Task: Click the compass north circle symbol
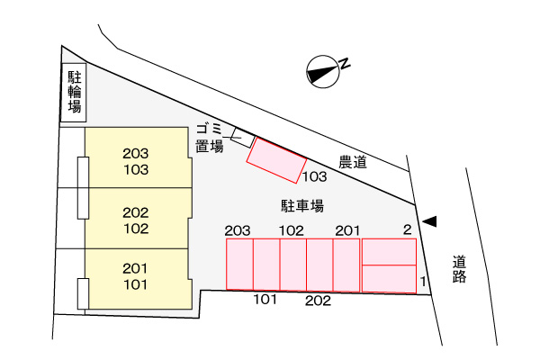323,72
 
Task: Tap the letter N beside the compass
345,64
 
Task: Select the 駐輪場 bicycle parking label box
74,93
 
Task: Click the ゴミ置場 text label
210,138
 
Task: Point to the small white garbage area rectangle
243,137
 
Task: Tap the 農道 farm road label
353,162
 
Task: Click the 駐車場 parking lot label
302,206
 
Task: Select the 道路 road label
459,269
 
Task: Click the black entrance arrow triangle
429,221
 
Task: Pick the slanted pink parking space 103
276,160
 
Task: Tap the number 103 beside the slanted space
314,176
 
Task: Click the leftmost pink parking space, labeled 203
239,265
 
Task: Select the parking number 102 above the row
292,230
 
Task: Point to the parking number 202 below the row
318,301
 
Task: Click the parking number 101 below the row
265,300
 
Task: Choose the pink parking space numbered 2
389,252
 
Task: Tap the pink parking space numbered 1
389,279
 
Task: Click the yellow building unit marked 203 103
138,157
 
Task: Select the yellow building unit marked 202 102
138,218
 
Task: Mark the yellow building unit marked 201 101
138,279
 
